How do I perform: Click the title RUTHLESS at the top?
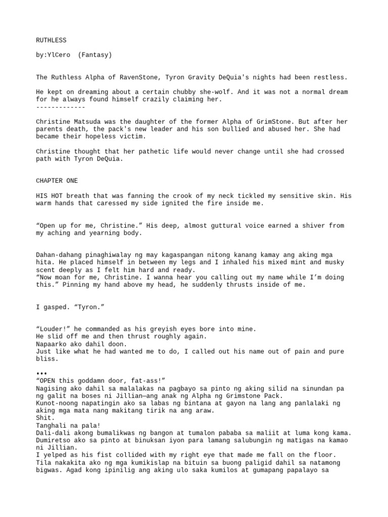(51, 40)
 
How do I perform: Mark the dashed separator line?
(61, 107)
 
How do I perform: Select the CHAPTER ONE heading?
(57, 181)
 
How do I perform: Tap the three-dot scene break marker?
(42, 374)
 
